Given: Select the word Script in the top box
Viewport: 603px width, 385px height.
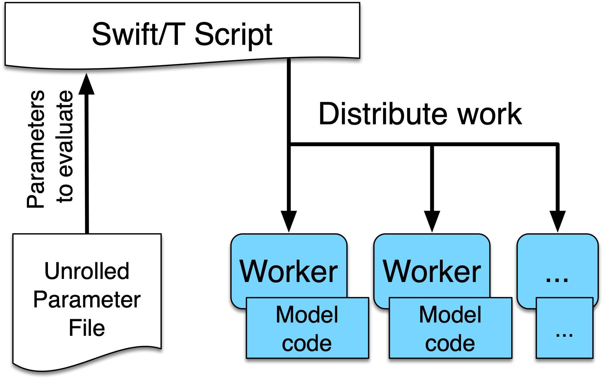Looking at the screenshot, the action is point(234,36).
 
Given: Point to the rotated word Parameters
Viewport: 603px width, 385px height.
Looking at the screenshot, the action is point(36,149).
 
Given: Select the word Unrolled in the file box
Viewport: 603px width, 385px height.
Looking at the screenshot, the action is point(87,271).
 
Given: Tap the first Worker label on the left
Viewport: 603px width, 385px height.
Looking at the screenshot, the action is point(289,271).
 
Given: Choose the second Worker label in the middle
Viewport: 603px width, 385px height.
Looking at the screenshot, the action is point(432,271).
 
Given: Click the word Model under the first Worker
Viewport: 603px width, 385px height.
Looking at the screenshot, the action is point(307,314).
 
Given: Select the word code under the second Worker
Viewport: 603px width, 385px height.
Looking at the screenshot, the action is point(450,343).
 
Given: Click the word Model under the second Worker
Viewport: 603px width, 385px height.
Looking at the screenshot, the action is point(450,314).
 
